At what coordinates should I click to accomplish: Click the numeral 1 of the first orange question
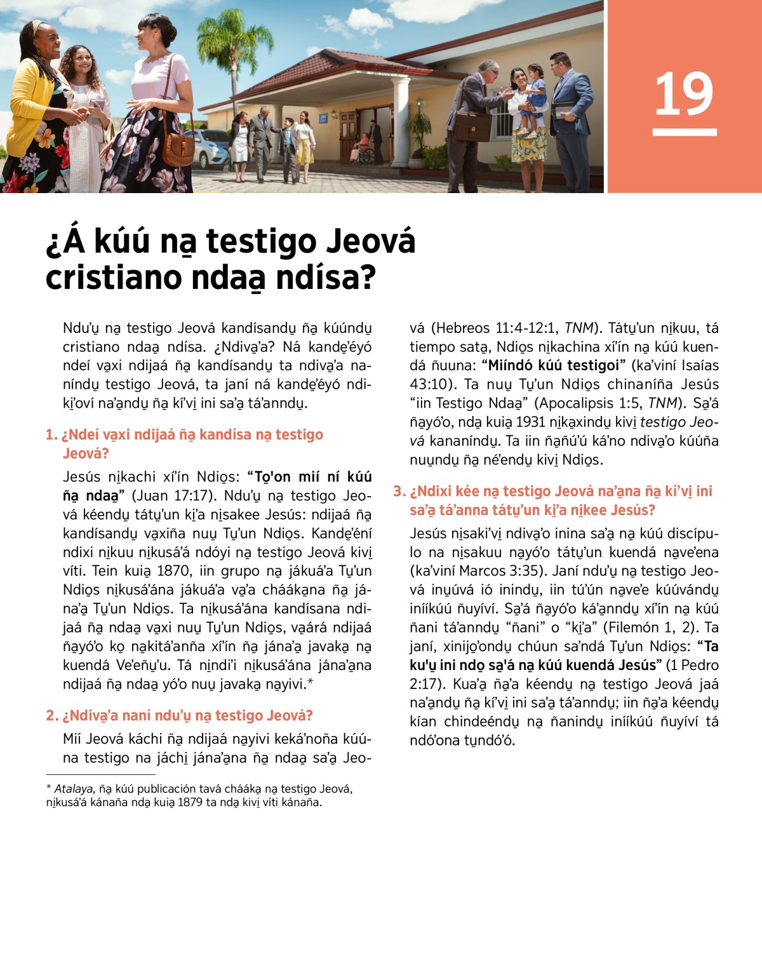(50, 434)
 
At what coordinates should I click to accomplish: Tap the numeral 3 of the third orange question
(398, 491)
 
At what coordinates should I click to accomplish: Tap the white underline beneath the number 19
(684, 132)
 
